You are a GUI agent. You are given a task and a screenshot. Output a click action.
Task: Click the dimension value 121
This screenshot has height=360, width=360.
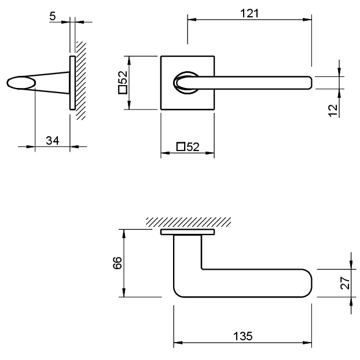(x=249, y=13)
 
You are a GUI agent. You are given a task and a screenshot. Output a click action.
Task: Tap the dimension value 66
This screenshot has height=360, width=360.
(x=117, y=263)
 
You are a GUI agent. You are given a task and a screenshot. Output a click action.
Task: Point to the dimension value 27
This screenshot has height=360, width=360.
(x=345, y=283)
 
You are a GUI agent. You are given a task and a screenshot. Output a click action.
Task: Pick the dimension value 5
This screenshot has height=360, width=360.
(x=53, y=16)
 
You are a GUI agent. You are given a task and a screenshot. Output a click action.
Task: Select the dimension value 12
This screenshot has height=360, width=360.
(x=333, y=110)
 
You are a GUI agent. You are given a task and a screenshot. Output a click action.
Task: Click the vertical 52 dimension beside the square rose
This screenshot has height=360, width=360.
(x=122, y=83)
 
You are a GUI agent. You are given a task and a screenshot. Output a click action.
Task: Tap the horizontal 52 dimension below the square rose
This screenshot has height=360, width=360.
(x=188, y=147)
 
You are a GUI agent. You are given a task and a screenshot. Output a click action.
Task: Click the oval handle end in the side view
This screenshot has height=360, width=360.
(x=21, y=83)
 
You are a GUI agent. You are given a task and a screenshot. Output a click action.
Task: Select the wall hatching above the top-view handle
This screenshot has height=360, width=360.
(x=188, y=222)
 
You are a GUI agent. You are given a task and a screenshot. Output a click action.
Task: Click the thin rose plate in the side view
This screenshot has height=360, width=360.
(x=72, y=83)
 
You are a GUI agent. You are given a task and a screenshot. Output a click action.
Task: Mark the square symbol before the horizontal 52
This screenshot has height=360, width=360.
(x=180, y=147)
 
